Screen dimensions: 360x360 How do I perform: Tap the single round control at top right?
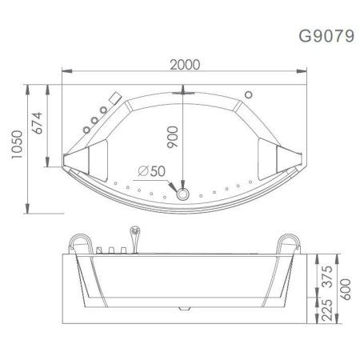pyautogui.click(x=248, y=95)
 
